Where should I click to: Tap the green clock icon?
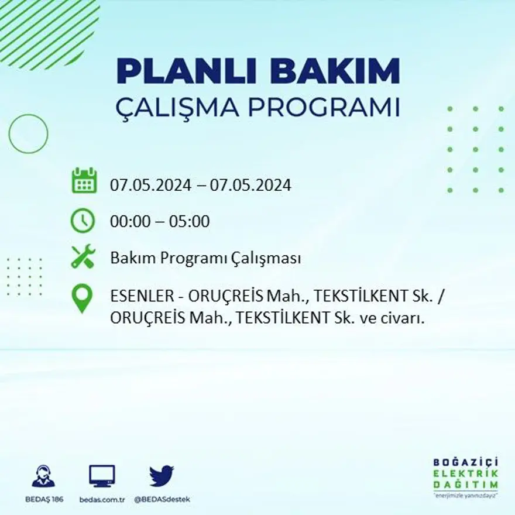83,221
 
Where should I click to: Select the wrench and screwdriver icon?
83,257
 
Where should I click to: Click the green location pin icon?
82,298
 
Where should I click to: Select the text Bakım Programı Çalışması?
205,258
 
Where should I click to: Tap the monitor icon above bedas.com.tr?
102,476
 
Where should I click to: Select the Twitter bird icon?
162,476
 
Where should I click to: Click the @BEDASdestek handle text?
162,499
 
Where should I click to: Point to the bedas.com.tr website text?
102,499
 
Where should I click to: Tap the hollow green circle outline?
28,134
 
